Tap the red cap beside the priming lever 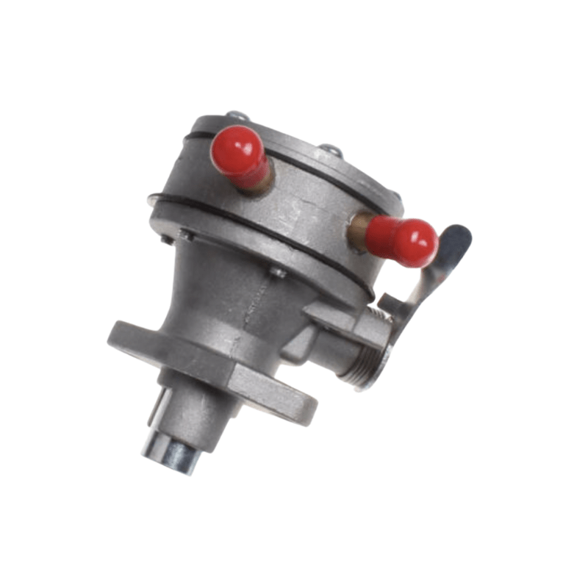pyautogui.click(x=406, y=241)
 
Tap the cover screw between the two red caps pyautogui.click(x=329, y=151)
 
